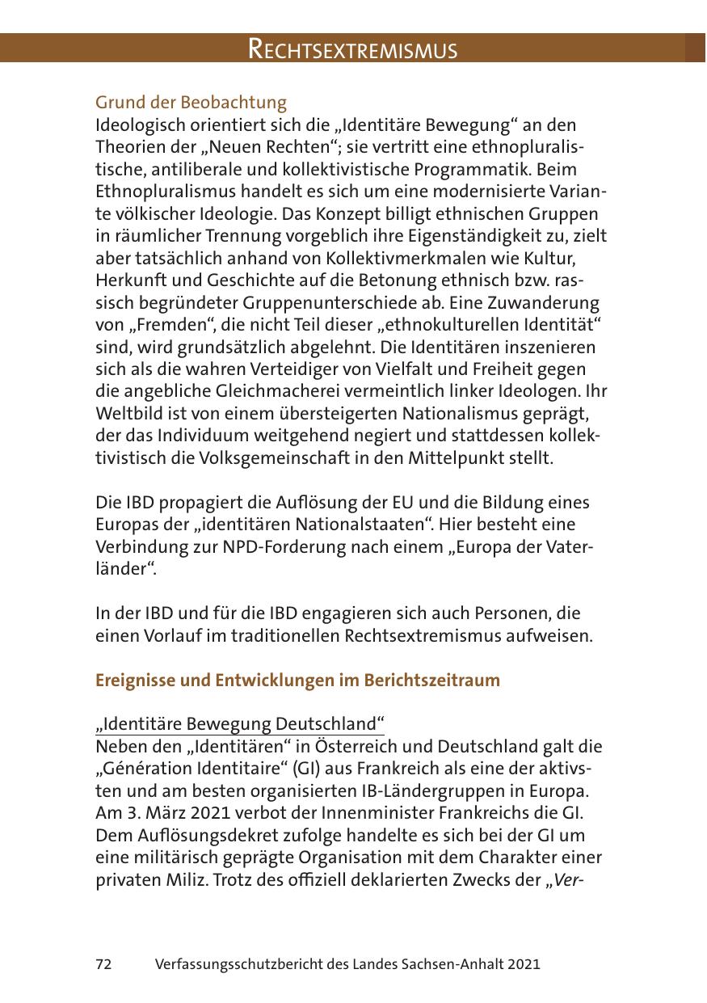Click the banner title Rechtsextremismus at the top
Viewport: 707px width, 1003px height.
point(352,49)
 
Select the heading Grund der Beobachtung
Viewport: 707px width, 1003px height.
point(191,103)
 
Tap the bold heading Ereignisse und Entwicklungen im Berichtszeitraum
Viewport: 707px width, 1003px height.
point(297,680)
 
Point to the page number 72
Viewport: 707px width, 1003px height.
point(103,964)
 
